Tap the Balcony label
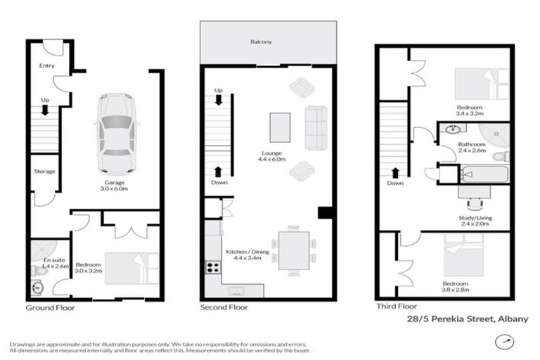(x=261, y=42)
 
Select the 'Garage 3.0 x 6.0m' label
(x=111, y=186)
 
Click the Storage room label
(x=44, y=172)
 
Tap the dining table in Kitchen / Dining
(x=293, y=249)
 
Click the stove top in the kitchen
(x=212, y=266)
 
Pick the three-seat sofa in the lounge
(x=316, y=128)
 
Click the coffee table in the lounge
(x=280, y=128)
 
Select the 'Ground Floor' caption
(x=51, y=308)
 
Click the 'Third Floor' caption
(x=397, y=307)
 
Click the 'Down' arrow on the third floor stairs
(x=395, y=173)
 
